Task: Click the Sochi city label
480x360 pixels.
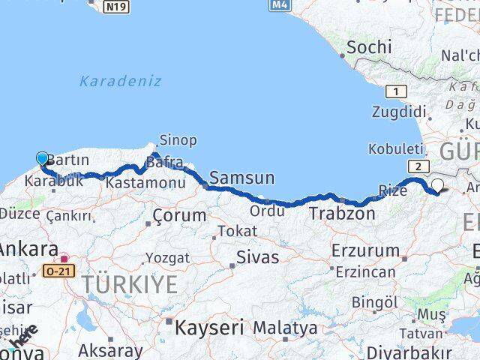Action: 368,47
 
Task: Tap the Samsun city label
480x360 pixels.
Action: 242,178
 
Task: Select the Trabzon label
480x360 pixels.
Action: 341,214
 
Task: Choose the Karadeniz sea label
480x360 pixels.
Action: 120,80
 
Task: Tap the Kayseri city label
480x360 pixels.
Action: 209,327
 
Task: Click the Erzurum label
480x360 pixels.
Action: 365,251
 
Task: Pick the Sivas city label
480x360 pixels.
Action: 257,257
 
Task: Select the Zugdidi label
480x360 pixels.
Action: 399,112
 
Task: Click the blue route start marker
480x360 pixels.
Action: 42,158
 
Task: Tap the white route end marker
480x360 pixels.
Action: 437,187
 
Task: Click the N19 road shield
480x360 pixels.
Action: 117,7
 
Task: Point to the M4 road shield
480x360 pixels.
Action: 280,5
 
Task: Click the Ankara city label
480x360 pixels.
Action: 28,249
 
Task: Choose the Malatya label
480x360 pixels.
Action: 285,328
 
